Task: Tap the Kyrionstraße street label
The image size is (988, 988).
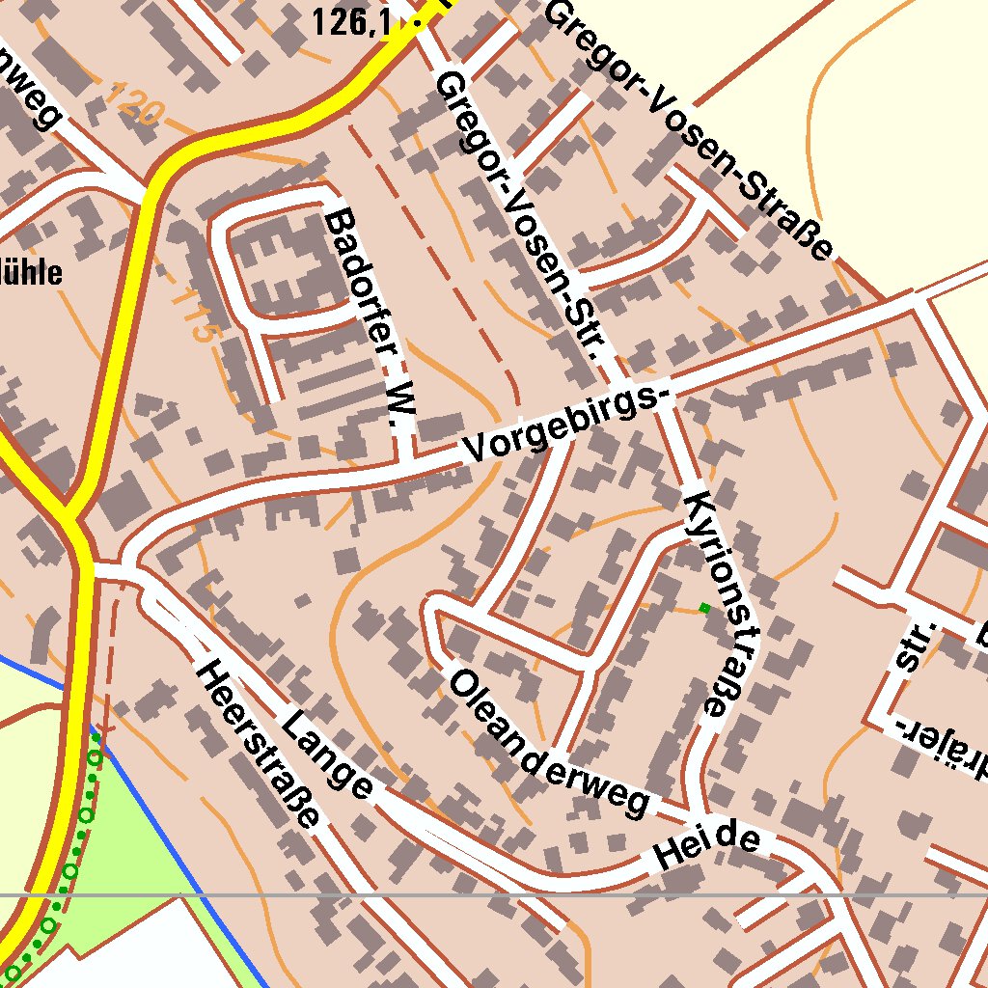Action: [x=722, y=605]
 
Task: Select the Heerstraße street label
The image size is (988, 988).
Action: [x=259, y=744]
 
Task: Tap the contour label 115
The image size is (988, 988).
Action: [x=190, y=315]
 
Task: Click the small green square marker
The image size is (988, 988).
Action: [x=704, y=608]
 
